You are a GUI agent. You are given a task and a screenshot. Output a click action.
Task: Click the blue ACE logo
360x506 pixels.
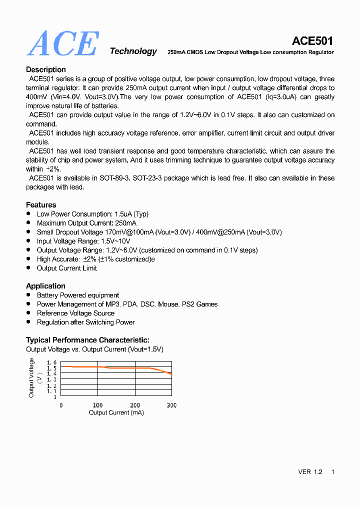click(62, 43)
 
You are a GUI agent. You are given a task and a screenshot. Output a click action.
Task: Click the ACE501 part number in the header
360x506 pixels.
click(312, 41)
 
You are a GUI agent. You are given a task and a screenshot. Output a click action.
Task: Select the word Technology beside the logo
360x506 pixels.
click(133, 51)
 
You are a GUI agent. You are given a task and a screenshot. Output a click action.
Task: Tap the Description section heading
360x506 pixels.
click(46, 69)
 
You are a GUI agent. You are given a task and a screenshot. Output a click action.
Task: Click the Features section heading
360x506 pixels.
click(41, 204)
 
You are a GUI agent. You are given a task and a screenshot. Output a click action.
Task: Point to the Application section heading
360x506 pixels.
click(45, 286)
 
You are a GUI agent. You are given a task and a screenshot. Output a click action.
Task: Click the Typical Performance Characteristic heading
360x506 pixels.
click(87, 340)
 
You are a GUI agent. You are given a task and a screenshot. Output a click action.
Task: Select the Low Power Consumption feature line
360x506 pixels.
click(92, 214)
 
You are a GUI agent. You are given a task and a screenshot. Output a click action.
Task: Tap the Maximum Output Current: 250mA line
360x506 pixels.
click(86, 223)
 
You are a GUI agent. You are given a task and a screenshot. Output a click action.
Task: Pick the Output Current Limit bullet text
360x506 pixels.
click(67, 268)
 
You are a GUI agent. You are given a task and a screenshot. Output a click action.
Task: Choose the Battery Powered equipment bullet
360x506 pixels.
click(78, 295)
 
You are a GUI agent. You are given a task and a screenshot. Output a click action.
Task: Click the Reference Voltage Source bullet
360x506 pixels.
click(75, 313)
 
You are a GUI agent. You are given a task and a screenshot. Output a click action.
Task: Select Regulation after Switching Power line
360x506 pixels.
click(85, 322)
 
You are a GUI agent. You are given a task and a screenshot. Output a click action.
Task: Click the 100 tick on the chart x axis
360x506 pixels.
click(98, 405)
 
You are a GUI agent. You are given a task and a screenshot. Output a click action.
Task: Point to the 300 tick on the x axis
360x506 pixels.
click(171, 405)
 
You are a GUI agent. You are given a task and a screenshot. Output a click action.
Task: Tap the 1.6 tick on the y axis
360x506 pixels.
click(52, 362)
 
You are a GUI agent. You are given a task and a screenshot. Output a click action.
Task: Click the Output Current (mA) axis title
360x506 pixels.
click(116, 412)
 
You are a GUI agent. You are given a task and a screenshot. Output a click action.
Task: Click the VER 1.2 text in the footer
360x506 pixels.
click(310, 472)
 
